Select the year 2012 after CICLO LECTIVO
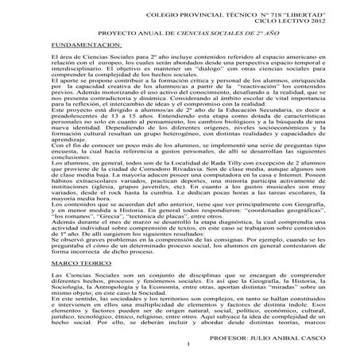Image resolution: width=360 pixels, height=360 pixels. [308, 23]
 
